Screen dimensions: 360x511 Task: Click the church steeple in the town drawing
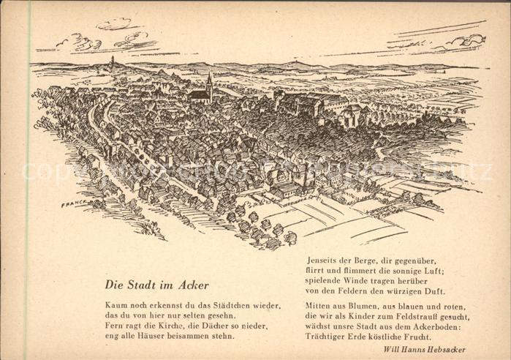pos(209,83)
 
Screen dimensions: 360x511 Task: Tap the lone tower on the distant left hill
pos(113,61)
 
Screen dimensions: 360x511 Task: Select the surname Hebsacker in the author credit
pos(441,350)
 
